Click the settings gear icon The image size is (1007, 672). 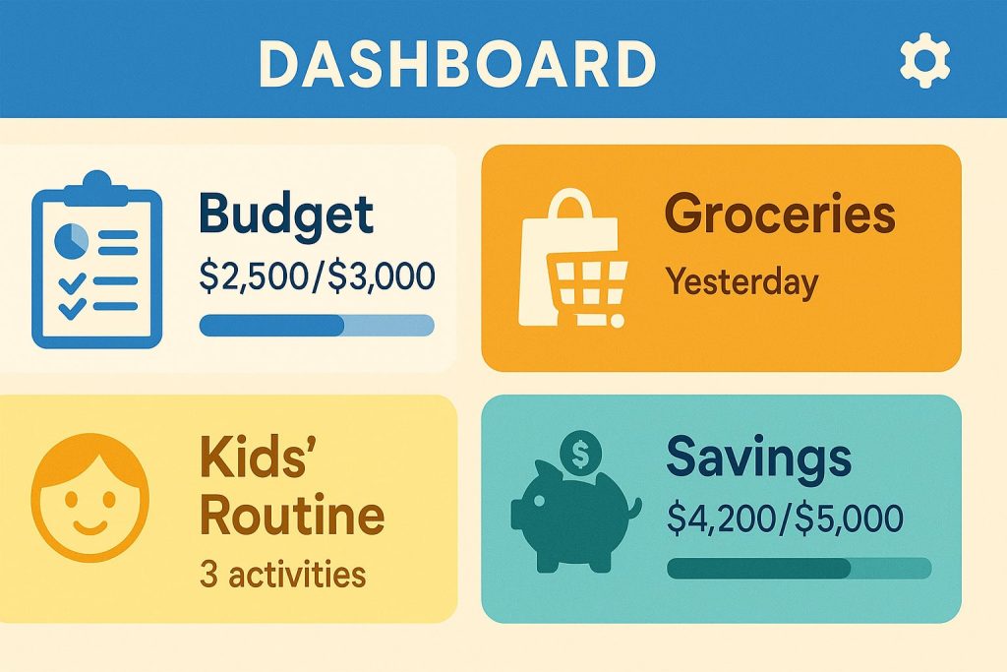tap(924, 60)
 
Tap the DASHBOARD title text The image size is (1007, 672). tap(457, 64)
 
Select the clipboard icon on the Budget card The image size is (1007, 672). tap(97, 260)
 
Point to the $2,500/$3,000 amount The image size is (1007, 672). tap(318, 276)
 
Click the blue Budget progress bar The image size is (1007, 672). tap(317, 325)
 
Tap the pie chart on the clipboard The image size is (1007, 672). tap(71, 241)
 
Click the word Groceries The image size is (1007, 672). tap(780, 214)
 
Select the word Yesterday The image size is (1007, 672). tap(742, 282)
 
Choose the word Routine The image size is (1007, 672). tap(292, 516)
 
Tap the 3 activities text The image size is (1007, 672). tap(282, 574)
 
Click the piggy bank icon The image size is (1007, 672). tap(574, 516)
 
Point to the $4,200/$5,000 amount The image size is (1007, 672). tap(785, 518)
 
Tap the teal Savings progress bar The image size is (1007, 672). tap(799, 569)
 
